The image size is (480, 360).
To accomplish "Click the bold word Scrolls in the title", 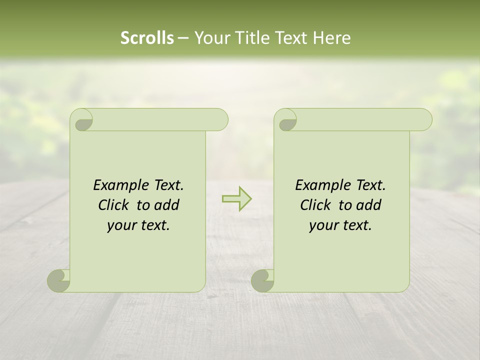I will (x=147, y=38).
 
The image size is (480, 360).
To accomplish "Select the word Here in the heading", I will (x=331, y=38).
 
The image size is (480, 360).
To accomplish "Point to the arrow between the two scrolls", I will (x=236, y=199).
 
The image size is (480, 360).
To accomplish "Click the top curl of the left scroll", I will (x=82, y=120).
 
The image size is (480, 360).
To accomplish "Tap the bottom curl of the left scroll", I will (x=58, y=280).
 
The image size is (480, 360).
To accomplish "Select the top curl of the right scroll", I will (x=286, y=120).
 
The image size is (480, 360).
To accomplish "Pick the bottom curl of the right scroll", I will (x=262, y=280).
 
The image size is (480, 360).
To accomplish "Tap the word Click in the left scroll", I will (x=114, y=205).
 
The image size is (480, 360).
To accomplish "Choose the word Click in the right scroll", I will (x=316, y=205).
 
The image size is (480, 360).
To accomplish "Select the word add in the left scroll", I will (x=166, y=205).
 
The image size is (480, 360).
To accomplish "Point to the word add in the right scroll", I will (x=368, y=205).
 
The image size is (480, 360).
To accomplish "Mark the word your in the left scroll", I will (x=121, y=226).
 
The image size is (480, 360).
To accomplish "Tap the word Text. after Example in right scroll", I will (x=370, y=185).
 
